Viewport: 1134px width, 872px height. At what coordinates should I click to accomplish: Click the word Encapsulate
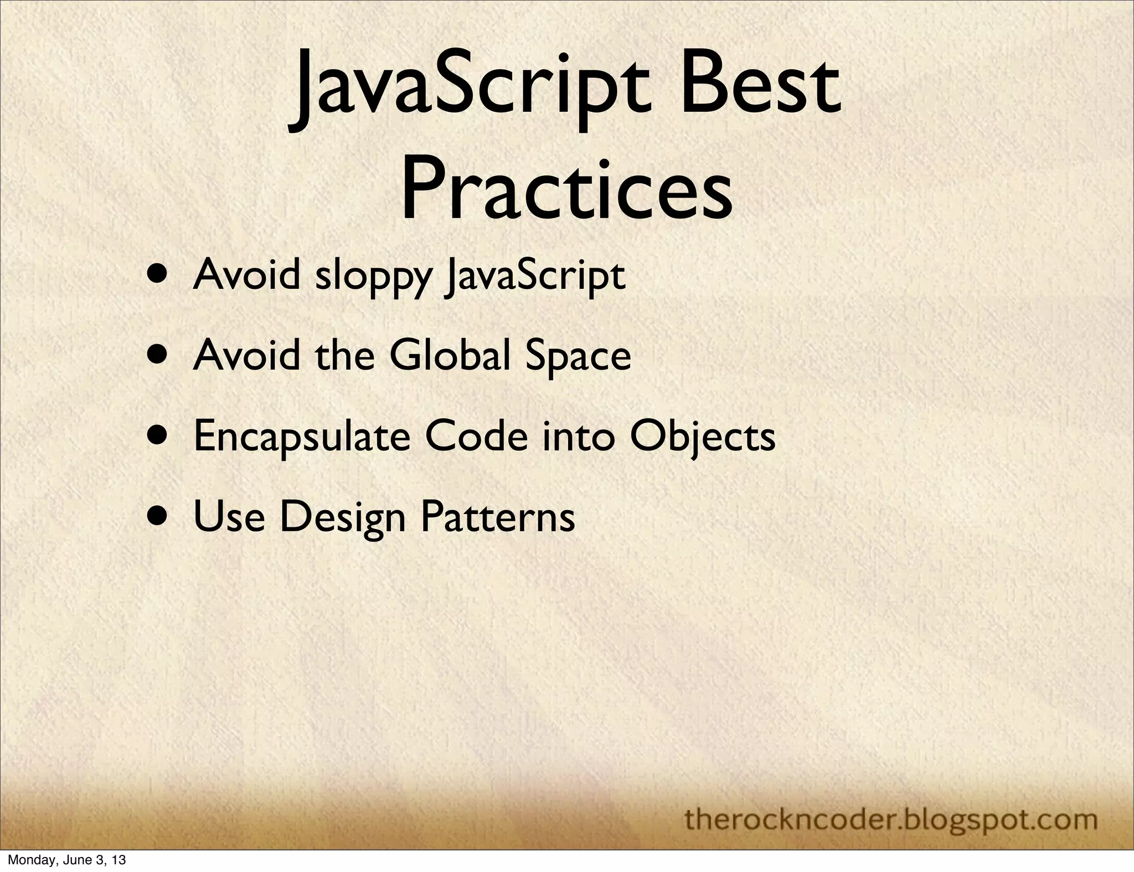click(302, 437)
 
